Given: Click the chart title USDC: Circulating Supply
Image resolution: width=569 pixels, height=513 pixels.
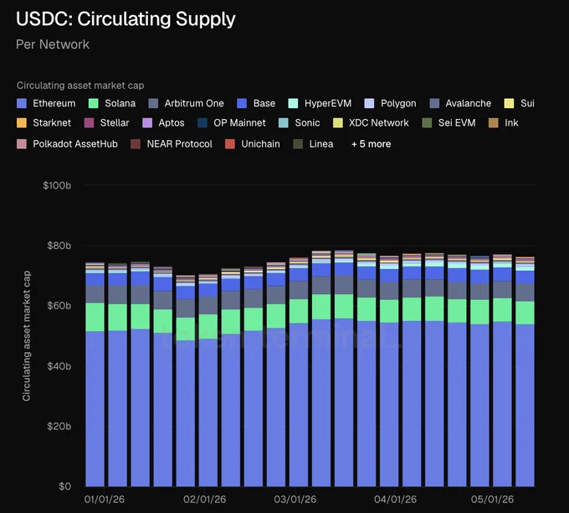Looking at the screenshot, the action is (x=126, y=19).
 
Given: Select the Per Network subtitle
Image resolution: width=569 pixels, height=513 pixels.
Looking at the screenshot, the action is (x=53, y=44).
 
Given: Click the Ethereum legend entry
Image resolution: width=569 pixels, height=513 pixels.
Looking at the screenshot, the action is (x=46, y=103).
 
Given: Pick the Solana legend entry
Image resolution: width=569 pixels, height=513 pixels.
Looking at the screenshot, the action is (x=112, y=103).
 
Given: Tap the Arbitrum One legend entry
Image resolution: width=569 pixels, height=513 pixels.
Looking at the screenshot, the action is (x=186, y=103).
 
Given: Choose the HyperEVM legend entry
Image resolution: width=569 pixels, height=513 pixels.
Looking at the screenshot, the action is (x=320, y=103).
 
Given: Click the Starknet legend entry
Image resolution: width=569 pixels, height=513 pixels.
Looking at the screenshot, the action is (x=44, y=123).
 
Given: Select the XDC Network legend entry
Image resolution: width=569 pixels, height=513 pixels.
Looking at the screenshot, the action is (x=371, y=123).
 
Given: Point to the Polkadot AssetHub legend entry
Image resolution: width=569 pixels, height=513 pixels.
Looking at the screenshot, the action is (x=67, y=144).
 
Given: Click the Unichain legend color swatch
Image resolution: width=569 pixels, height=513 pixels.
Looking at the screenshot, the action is (x=230, y=144).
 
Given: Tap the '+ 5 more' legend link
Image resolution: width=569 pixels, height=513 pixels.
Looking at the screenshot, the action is (x=372, y=144).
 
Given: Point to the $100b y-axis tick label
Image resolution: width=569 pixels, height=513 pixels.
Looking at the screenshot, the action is (x=57, y=185).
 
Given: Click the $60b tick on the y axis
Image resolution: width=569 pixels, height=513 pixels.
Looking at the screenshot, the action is (x=59, y=306).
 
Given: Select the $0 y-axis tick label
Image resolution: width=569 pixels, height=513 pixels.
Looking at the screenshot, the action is (x=65, y=486).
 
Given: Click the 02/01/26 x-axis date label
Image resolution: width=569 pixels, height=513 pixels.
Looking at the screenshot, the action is (x=205, y=500).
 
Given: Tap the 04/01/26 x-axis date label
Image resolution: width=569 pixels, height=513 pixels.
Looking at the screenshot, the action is (x=396, y=500).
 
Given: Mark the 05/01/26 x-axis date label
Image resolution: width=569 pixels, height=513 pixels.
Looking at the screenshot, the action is (x=492, y=500).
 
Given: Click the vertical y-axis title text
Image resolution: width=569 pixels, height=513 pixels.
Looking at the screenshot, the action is (x=27, y=336).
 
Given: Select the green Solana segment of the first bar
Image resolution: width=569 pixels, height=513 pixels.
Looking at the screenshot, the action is (x=95, y=317).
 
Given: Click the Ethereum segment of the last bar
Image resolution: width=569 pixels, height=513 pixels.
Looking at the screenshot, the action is (x=525, y=406).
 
